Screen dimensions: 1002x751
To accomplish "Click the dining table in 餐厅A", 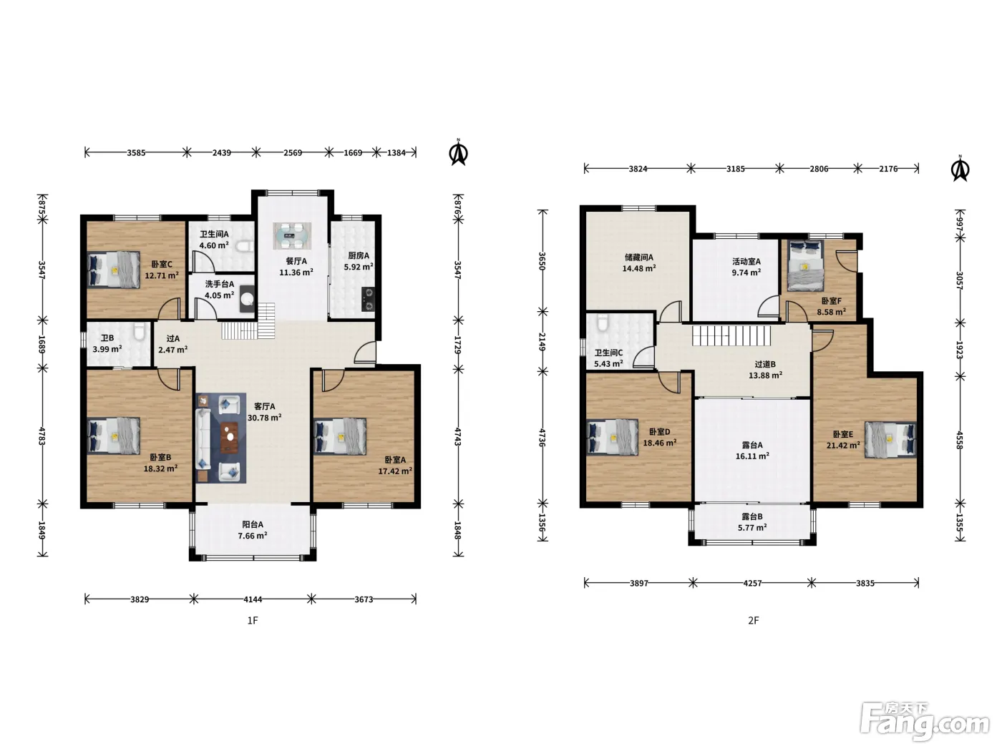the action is point(292,236).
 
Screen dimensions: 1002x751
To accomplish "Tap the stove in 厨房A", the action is point(368,299).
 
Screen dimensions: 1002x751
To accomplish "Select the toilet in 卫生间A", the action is point(245,247).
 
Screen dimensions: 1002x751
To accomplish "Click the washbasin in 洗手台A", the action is point(248,298).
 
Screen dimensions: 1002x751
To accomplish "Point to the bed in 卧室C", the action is point(114,270).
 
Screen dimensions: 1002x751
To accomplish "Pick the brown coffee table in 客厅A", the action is point(230,438).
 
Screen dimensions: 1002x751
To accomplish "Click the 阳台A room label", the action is point(253,524).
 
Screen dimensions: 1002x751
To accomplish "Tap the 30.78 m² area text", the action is point(264,417).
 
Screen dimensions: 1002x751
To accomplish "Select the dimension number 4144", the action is point(253,599).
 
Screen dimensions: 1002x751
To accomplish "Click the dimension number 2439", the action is point(221,153).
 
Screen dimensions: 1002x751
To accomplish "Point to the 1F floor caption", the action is point(253,620).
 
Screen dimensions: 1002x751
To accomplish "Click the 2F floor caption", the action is point(753,620).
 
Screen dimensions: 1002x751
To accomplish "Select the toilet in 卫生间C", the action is point(603,323).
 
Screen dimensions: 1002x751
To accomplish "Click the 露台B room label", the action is point(751,516).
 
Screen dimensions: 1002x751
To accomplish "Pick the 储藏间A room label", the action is point(638,257).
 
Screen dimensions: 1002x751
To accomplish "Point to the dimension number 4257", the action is point(752,583).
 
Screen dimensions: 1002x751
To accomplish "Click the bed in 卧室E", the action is point(890,439).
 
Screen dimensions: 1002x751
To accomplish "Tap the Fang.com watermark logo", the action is point(924,721).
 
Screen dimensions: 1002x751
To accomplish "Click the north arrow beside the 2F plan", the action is point(960,169).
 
